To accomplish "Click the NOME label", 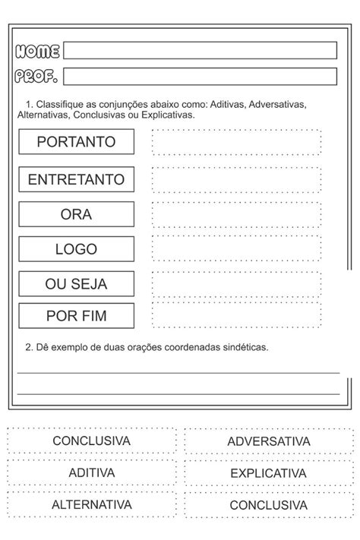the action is tap(37, 51).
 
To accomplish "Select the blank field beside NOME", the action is tap(200, 51).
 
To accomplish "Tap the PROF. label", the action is tap(36, 76).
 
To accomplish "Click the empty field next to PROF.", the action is tap(200, 76).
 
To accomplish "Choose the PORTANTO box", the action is tap(76, 142).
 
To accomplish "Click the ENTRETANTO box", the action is tap(76, 180).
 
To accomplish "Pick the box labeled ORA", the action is tap(76, 214).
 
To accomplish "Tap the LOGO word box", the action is tap(76, 248).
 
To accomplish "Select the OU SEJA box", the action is tap(76, 284).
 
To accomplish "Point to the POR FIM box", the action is tap(76, 316).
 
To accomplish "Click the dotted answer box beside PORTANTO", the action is tap(236, 142).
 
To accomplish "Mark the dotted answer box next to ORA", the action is tap(236, 214).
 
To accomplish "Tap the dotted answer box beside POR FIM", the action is tap(236, 314).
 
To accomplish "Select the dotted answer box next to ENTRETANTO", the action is tap(236, 179).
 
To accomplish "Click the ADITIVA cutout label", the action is tap(91, 473).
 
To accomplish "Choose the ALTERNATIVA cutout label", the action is tap(91, 504).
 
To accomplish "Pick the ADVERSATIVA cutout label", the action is tap(268, 441).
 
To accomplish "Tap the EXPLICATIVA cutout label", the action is tap(268, 473).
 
